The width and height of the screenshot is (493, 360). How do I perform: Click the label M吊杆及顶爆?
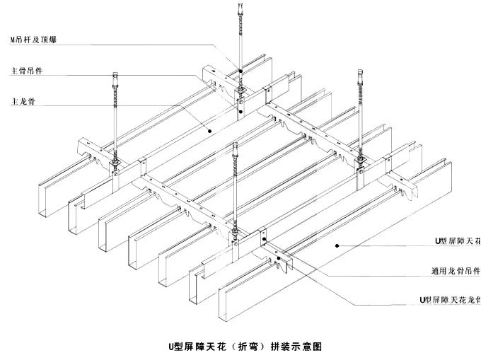35,40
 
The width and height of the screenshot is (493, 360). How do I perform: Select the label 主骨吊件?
28,71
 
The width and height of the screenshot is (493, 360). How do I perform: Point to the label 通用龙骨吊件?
456,270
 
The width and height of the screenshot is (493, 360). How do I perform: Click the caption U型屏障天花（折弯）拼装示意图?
245,346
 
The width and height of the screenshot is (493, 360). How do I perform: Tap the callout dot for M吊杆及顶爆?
240,71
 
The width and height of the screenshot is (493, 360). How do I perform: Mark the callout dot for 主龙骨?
210,130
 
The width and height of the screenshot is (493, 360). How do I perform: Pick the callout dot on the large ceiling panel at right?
339,245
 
